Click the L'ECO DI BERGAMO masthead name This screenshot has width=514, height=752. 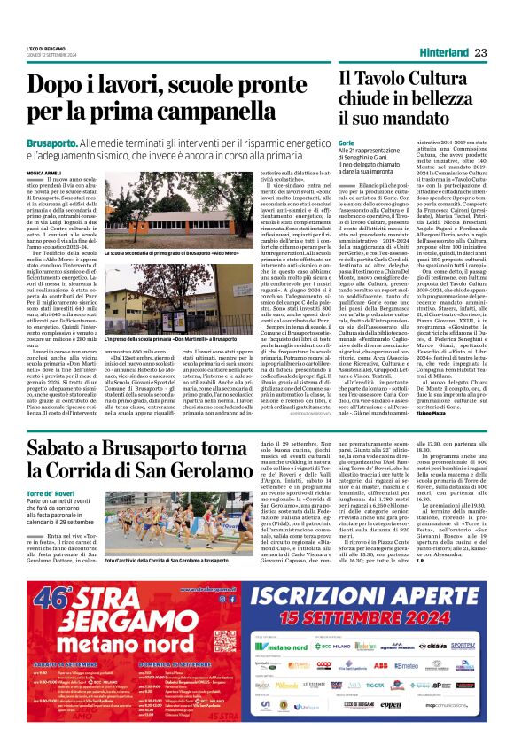tap(45, 48)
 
